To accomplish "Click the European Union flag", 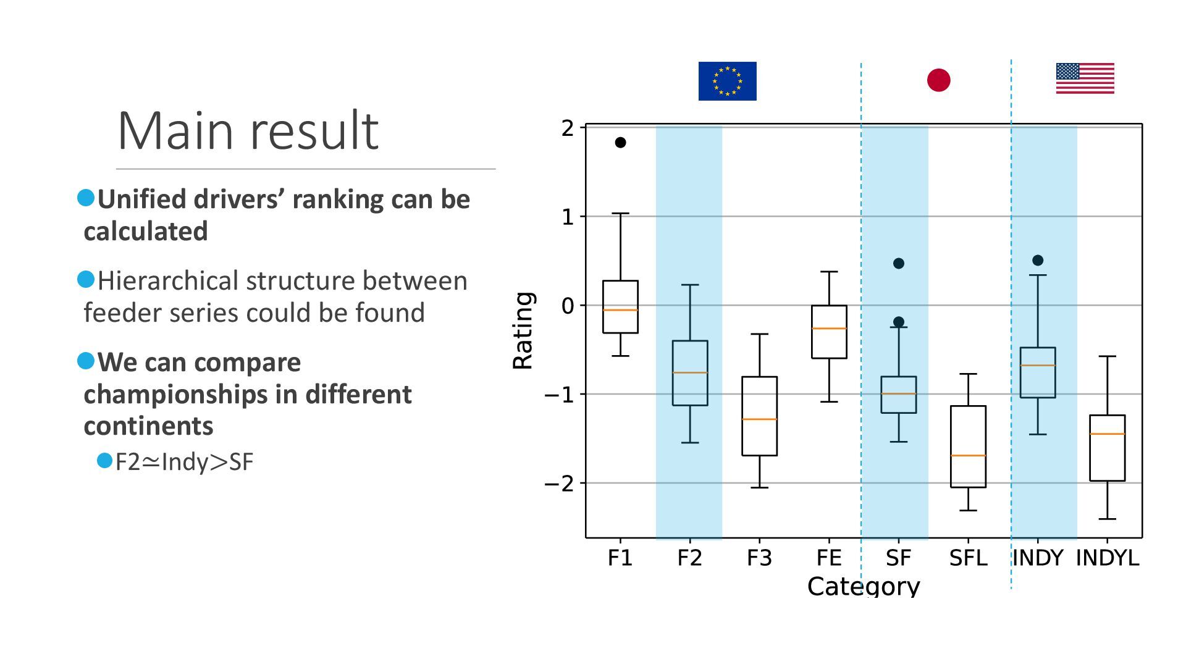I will (727, 81).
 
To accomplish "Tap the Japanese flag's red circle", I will (938, 80).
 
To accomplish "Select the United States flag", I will (1085, 78).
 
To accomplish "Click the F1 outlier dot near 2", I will (620, 143).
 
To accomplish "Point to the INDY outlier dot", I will (1038, 261).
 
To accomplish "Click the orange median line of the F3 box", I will (759, 419).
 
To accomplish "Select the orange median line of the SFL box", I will (968, 456).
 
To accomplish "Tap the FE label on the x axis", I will (828, 558).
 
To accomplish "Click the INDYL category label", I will (1107, 558).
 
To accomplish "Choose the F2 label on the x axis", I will (689, 558).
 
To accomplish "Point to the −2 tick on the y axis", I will (559, 484).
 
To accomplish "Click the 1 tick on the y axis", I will (568, 217).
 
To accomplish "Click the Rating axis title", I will (523, 330).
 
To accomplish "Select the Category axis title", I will (863, 586).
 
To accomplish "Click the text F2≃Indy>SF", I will (184, 462).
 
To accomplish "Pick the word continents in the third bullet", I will (148, 426).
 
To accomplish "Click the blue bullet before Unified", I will (86, 198).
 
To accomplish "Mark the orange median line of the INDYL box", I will (1107, 434).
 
